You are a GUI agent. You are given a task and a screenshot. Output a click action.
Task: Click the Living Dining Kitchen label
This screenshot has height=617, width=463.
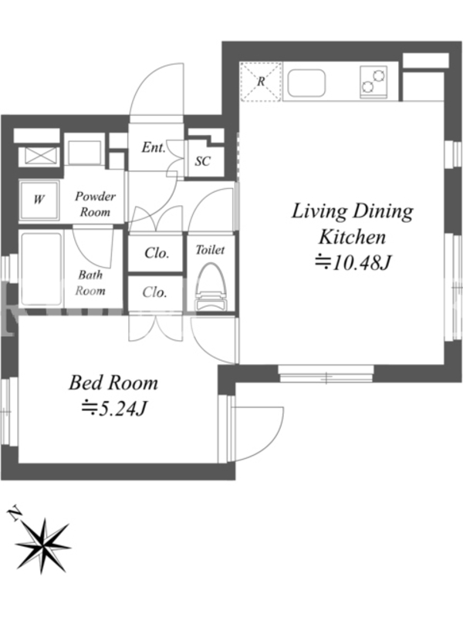tap(353, 224)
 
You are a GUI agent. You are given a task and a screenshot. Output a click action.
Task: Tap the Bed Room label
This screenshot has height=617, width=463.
tap(113, 383)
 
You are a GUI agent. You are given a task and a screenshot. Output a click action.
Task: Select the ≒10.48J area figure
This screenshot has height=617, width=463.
tap(353, 263)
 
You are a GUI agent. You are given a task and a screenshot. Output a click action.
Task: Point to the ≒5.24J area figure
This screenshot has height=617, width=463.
tap(113, 409)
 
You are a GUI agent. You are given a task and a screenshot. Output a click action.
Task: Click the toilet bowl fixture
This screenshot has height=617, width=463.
tap(210, 287)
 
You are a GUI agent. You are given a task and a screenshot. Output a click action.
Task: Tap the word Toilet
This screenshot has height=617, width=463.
tap(210, 249)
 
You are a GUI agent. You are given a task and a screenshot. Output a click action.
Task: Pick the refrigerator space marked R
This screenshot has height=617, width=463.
tap(261, 82)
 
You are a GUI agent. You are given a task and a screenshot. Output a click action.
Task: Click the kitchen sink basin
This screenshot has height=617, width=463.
tap(306, 84)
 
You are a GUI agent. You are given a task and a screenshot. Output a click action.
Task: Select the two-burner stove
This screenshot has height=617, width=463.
tap(373, 82)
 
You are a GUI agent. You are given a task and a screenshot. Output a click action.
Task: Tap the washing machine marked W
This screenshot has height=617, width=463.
tap(39, 199)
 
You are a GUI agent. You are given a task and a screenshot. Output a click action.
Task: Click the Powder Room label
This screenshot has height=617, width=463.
tap(95, 204)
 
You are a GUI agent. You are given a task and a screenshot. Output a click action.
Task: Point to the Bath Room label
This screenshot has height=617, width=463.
tap(90, 282)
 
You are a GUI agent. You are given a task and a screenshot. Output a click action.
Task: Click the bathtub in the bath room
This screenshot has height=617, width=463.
tap(41, 269)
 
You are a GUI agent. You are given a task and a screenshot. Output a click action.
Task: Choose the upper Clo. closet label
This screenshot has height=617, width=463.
tap(157, 253)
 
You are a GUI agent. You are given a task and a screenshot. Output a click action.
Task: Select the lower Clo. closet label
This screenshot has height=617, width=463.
tap(155, 292)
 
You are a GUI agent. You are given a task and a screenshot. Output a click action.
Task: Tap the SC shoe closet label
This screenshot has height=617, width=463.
tap(203, 161)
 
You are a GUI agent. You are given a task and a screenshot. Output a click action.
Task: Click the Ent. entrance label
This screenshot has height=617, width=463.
tap(153, 147)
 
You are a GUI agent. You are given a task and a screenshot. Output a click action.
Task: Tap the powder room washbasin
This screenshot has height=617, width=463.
tap(84, 152)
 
